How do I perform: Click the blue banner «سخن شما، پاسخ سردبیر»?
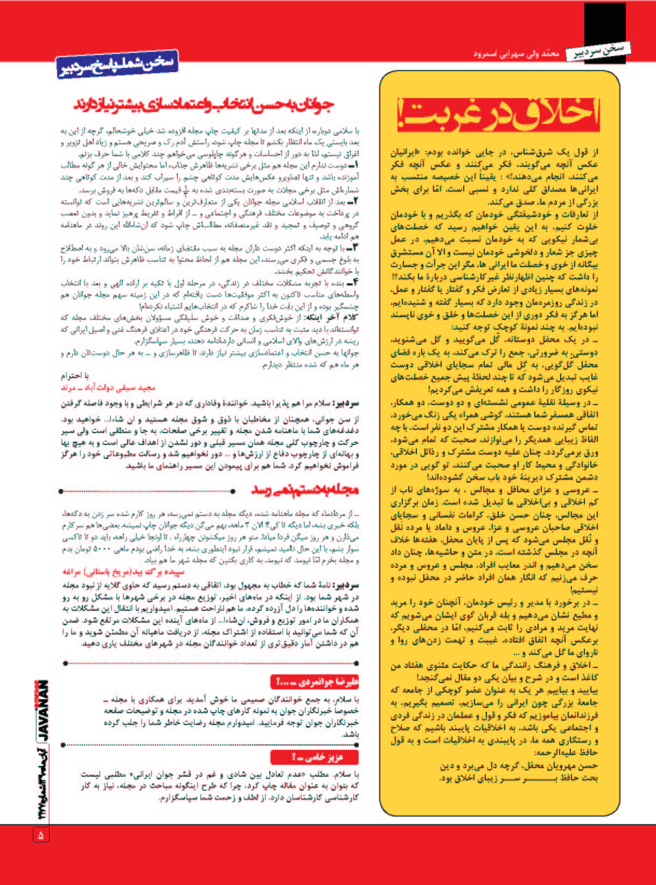point(116,65)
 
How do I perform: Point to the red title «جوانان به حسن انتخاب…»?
point(205,105)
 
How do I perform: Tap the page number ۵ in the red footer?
point(41,834)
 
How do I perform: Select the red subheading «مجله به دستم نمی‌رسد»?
point(304,490)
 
